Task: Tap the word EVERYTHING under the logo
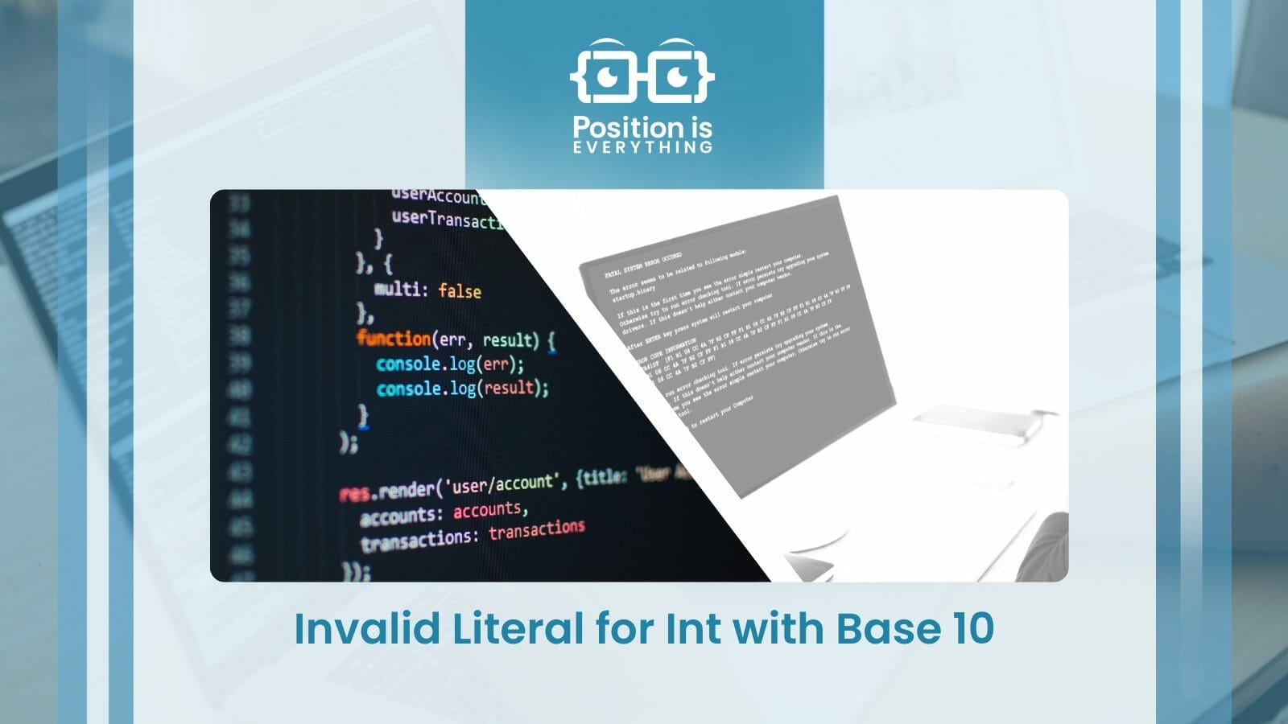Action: [x=642, y=147]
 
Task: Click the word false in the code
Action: [x=460, y=290]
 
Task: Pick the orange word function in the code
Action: [x=394, y=338]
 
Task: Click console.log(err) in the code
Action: [x=449, y=364]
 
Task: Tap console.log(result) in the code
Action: [x=462, y=388]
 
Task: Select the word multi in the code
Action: [x=398, y=288]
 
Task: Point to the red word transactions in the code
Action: [x=536, y=529]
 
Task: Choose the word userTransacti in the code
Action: [x=448, y=219]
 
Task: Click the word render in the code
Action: [x=406, y=490]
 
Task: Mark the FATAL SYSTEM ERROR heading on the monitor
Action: [x=643, y=266]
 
